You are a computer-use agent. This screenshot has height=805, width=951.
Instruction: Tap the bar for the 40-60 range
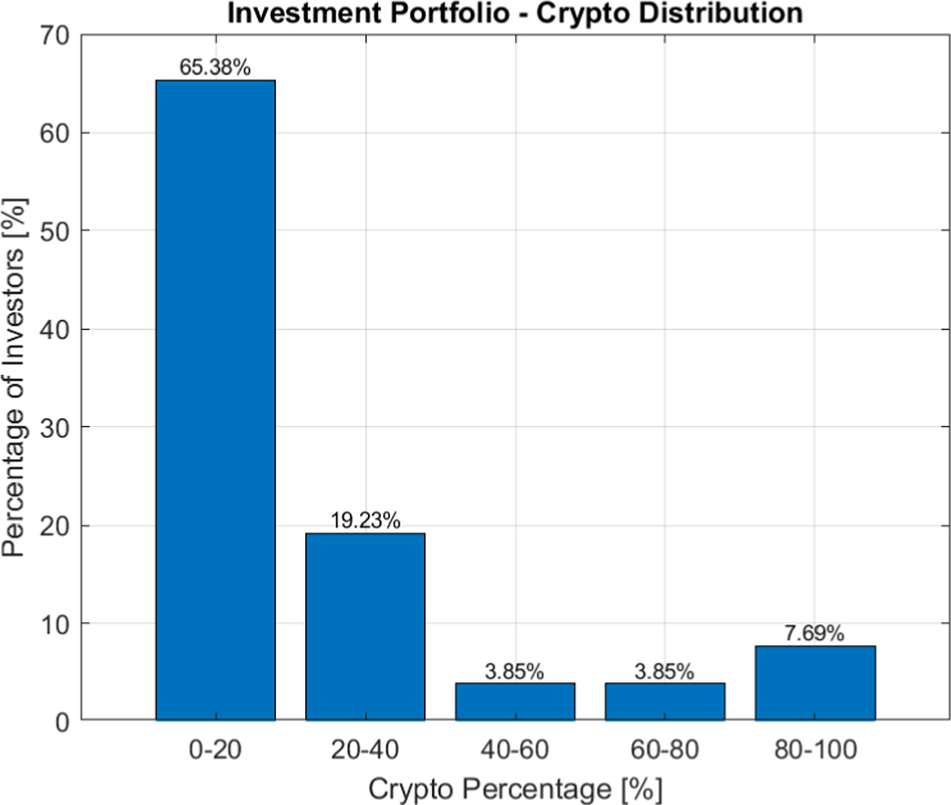514,702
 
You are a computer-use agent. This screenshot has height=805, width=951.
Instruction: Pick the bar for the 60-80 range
664,702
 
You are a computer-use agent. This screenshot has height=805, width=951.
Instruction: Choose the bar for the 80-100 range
815,683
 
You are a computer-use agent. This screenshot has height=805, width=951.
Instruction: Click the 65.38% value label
215,68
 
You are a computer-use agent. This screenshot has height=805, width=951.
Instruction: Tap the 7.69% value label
815,634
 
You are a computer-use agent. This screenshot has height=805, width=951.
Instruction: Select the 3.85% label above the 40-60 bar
514,671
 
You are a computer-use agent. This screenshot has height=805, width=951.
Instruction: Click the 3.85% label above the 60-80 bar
664,671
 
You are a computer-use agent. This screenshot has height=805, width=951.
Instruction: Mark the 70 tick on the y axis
54,35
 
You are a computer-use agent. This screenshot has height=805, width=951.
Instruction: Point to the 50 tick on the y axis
54,232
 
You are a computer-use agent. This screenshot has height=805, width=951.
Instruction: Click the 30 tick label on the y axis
54,428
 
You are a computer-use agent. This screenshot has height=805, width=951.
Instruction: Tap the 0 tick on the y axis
62,723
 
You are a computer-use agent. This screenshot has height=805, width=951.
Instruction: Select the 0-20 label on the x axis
215,751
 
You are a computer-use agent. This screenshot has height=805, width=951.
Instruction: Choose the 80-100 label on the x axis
815,751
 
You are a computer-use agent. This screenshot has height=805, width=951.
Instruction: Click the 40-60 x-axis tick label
514,751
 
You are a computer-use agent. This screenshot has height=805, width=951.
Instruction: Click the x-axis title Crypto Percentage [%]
514,788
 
